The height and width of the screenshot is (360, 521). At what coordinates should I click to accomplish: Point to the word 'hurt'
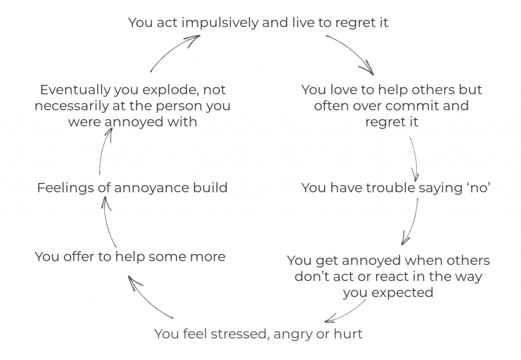348,334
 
